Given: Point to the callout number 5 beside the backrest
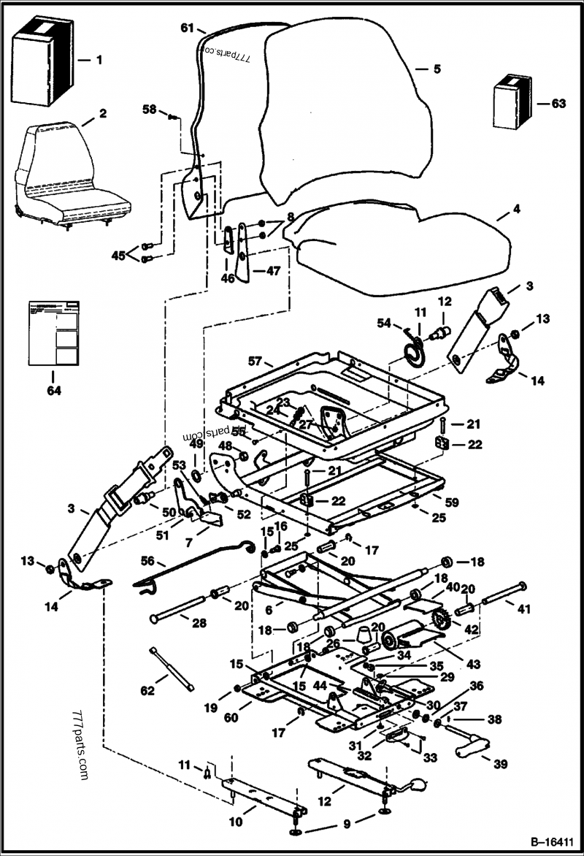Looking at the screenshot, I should point(437,69).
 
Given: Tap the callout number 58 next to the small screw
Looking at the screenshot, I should point(150,109).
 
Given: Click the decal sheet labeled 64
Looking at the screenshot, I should point(53,332).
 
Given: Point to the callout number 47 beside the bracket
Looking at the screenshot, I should point(272,271).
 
